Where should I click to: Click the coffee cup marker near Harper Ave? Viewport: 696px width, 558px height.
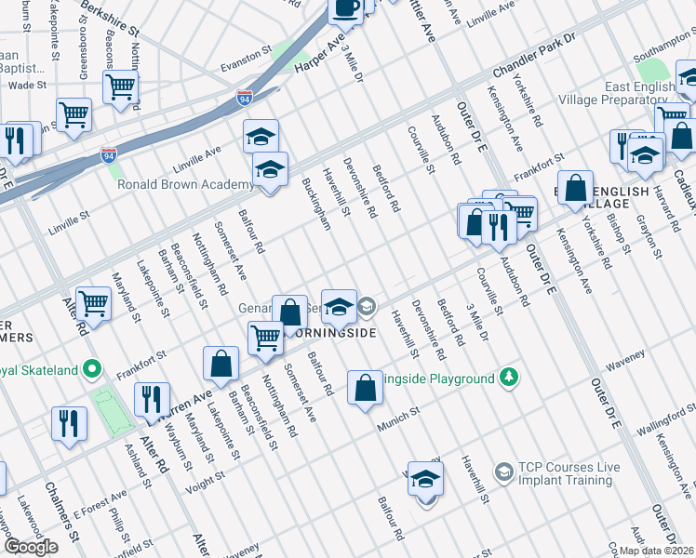347,8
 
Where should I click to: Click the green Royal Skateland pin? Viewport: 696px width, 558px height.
92,369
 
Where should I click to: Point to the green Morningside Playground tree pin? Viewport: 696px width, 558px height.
508,378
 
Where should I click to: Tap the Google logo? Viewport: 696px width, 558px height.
31,547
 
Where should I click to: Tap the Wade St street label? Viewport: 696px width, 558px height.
27,85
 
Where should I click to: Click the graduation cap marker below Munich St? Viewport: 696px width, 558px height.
425,479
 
